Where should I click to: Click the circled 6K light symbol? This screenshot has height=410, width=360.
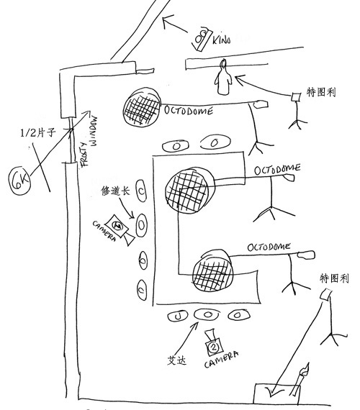19,181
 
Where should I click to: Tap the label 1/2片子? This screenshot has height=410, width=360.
39,133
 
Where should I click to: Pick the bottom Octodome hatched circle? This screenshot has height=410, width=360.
215,270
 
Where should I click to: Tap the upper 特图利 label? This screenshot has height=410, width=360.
322,93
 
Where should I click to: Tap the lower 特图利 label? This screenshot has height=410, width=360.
333,278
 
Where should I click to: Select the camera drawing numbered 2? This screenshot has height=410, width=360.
214,343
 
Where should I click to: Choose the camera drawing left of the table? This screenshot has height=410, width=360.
119,228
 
